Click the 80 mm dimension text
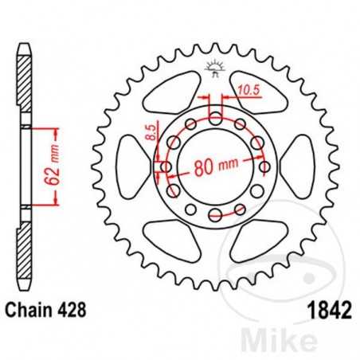pyautogui.click(x=218, y=167)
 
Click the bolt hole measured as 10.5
pyautogui.click(x=216, y=118)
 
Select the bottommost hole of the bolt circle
pyautogui.click(x=216, y=216)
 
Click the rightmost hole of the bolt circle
pyautogui.click(x=264, y=167)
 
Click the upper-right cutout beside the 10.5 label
pyautogui.click(x=259, y=93)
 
